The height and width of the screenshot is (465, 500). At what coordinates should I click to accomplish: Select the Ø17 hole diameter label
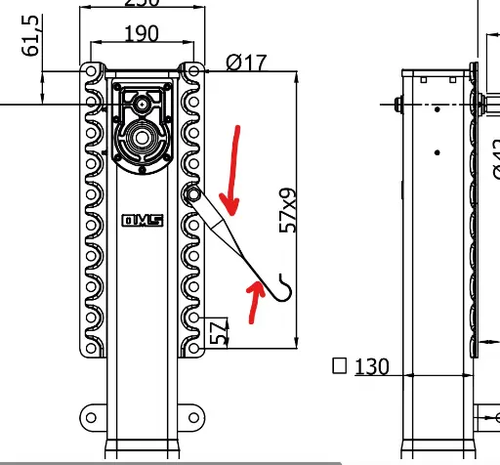click(x=245, y=63)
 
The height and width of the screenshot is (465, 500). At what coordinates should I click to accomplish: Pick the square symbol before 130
click(x=340, y=366)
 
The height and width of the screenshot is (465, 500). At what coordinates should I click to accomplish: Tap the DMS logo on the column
click(x=142, y=221)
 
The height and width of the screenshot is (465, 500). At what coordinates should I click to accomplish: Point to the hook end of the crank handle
click(x=283, y=284)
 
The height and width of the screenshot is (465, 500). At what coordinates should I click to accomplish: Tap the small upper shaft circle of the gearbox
click(x=143, y=103)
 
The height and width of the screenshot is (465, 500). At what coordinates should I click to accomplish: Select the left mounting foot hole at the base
click(x=91, y=418)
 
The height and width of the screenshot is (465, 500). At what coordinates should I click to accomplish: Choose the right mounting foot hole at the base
click(x=195, y=418)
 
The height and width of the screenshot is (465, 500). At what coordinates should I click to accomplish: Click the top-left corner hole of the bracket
click(x=91, y=70)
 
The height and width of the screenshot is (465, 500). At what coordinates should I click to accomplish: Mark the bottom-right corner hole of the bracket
click(x=194, y=349)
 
